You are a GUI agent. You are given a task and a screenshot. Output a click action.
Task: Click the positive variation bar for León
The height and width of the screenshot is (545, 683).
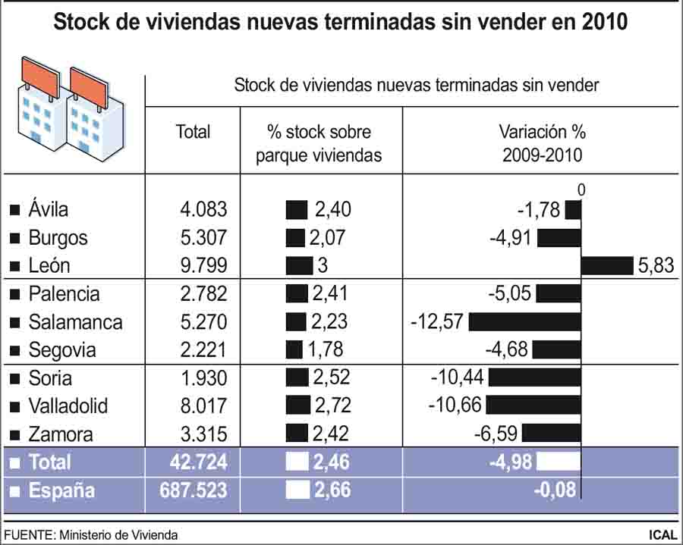pyautogui.click(x=607, y=266)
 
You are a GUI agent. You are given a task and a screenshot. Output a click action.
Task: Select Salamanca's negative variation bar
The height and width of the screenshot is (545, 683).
pyautogui.click(x=525, y=322)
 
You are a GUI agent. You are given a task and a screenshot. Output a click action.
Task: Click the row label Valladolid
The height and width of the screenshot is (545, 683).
pyautogui.click(x=68, y=406)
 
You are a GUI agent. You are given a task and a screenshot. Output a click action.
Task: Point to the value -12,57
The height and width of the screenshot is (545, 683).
pyautogui.click(x=437, y=321)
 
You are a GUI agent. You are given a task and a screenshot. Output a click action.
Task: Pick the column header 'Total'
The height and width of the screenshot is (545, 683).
pyautogui.click(x=193, y=132)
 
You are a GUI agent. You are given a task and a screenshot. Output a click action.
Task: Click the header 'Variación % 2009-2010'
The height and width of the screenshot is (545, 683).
pyautogui.click(x=542, y=143)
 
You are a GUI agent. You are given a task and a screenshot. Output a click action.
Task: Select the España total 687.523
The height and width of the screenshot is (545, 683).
pyautogui.click(x=194, y=490)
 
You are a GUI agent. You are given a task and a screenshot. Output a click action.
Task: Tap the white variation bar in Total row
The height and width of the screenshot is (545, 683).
pyautogui.click(x=558, y=462)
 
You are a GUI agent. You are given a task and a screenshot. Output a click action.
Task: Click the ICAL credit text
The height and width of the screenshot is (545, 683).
pyautogui.click(x=663, y=534)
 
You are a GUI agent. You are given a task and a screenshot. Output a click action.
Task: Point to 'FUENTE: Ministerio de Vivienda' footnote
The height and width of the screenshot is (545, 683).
pyautogui.click(x=91, y=534)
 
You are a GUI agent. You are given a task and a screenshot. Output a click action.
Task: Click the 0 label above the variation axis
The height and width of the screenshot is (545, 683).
pyautogui.click(x=581, y=189)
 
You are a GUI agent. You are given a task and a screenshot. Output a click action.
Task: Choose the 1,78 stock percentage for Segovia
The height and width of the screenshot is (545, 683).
pyautogui.click(x=326, y=349)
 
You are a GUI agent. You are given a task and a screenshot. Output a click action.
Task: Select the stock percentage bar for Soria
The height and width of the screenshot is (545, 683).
pyautogui.click(x=297, y=378)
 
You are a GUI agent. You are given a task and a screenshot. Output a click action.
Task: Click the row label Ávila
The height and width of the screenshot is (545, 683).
pyautogui.click(x=49, y=210)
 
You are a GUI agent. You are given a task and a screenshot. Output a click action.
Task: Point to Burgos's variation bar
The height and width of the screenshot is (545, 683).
pyautogui.click(x=559, y=238)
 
